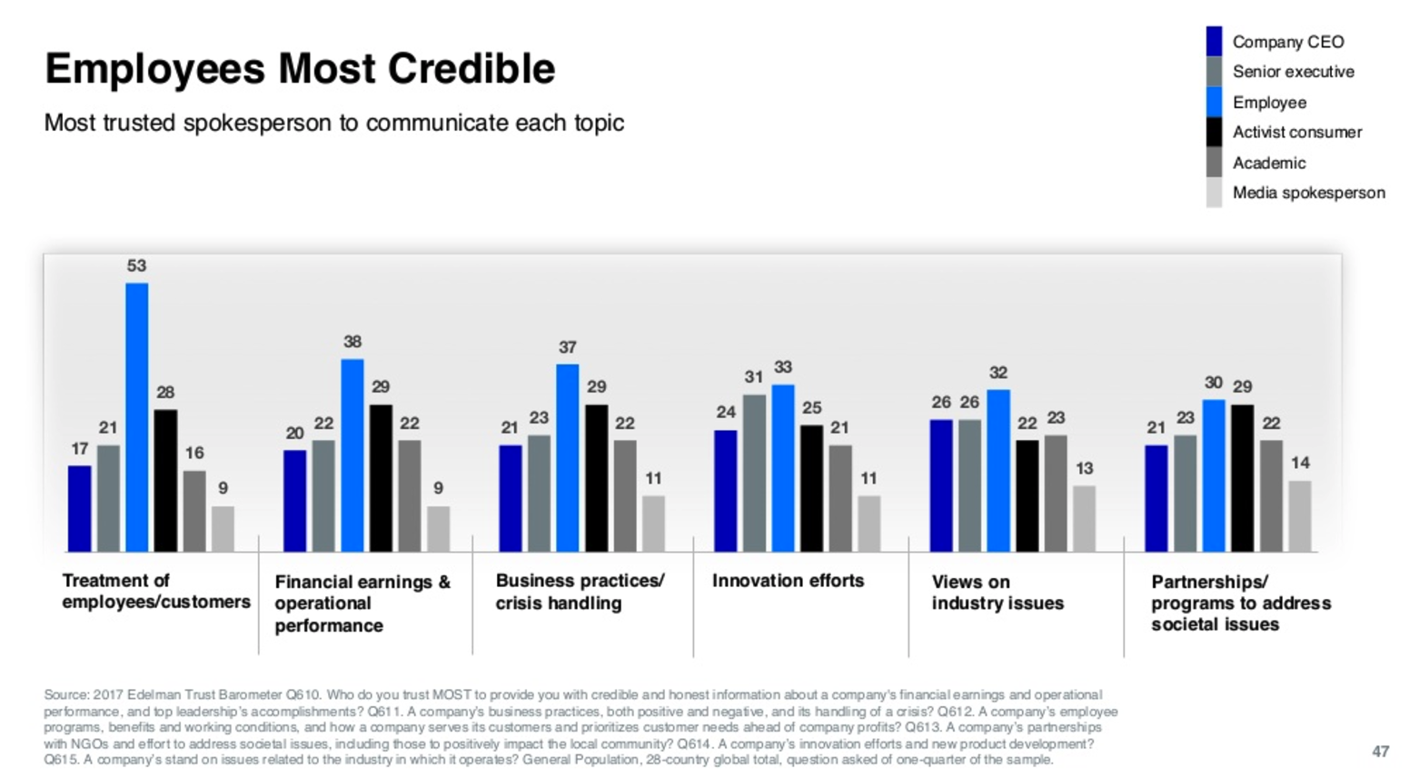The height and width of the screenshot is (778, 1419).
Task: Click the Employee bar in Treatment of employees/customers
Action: [x=137, y=417]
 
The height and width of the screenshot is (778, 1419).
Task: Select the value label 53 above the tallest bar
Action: [x=136, y=266]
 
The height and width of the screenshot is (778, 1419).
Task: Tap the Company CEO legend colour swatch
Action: [x=1214, y=42]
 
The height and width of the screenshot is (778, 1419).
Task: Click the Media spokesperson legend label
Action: [x=1308, y=193]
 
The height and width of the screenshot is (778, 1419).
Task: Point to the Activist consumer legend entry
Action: [x=1296, y=133]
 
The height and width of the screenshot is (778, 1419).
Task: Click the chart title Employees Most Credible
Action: [x=300, y=69]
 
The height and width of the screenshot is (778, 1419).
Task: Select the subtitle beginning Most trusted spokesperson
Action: [x=333, y=123]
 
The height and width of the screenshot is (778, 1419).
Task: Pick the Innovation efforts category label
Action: [x=788, y=581]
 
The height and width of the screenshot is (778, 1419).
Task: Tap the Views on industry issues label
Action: [x=997, y=593]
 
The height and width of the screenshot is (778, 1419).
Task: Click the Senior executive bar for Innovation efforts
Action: [x=754, y=473]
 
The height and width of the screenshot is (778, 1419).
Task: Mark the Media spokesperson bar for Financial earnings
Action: [x=439, y=529]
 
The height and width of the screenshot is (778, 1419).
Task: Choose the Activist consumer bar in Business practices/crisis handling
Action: [x=596, y=478]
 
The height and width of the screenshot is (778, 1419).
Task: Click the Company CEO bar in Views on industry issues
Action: [x=941, y=485]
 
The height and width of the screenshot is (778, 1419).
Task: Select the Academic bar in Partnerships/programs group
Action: [x=1271, y=496]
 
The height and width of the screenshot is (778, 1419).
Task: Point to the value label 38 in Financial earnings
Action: [x=352, y=343]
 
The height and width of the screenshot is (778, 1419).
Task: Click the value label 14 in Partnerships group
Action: [x=1300, y=464]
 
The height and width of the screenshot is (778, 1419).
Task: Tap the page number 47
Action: [x=1380, y=752]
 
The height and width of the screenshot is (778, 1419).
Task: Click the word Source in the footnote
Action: [x=66, y=695]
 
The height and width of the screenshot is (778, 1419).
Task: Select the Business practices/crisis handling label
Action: [x=580, y=593]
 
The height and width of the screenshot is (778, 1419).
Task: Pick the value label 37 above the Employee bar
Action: [x=568, y=348]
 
